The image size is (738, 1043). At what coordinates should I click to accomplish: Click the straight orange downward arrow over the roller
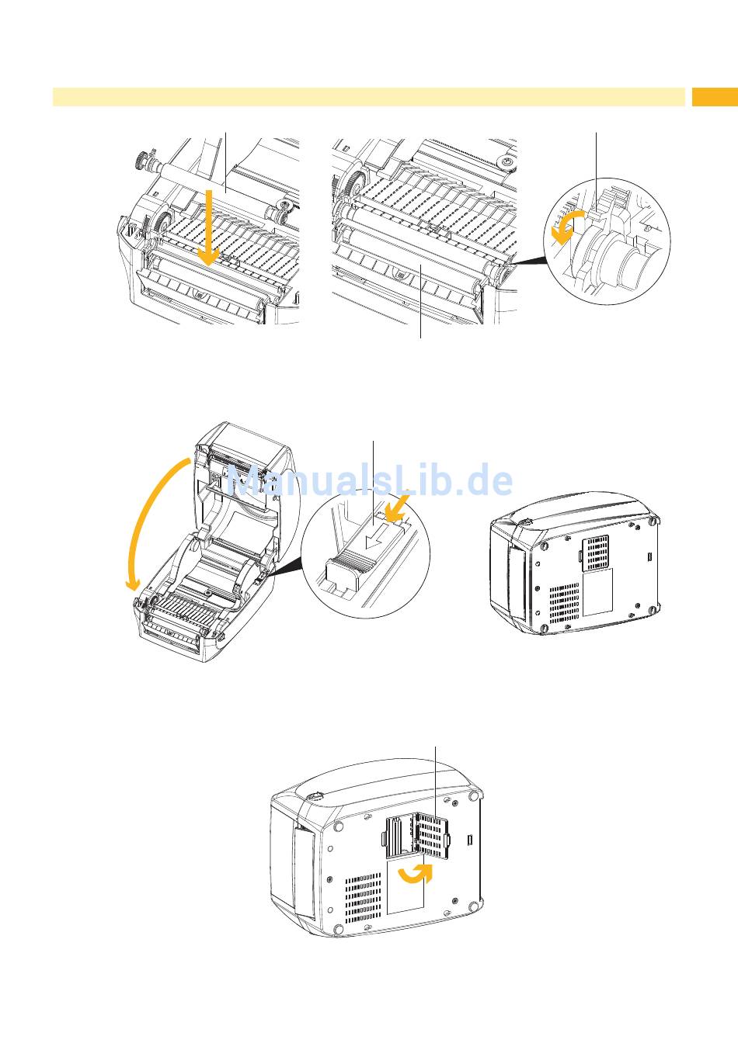tap(209, 228)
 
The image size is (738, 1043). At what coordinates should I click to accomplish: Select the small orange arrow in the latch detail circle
tap(399, 507)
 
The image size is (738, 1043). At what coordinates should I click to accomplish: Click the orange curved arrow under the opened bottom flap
tap(415, 875)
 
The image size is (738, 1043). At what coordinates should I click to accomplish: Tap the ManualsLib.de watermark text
tap(369, 480)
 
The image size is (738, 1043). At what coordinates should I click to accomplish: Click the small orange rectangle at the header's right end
tap(715, 97)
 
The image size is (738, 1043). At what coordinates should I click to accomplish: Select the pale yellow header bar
tap(369, 97)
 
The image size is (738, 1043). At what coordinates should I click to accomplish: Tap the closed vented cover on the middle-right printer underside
tap(595, 552)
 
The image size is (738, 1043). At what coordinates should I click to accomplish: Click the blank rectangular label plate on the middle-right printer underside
tap(597, 591)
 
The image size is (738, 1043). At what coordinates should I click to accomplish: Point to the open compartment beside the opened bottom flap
tap(399, 837)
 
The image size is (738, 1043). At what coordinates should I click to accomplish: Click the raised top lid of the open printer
tap(242, 480)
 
